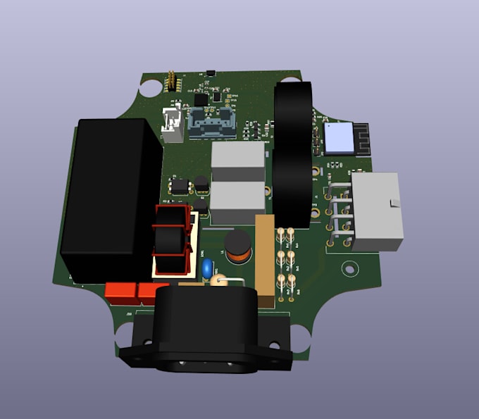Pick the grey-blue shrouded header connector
212,123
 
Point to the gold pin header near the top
170,82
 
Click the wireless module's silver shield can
337,138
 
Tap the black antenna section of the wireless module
361,137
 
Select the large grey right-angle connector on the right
376,211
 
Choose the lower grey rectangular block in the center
237,201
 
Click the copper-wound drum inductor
239,249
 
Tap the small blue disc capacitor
206,268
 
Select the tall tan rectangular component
265,261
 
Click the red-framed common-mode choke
171,239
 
